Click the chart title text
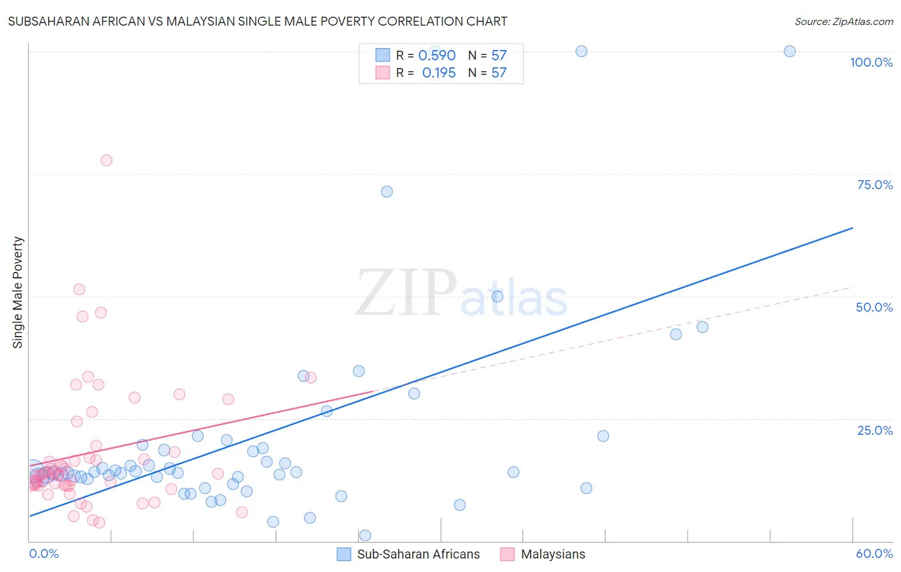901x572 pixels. [257, 21]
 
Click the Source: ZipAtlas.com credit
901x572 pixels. [843, 21]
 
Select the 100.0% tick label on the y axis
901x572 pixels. [871, 62]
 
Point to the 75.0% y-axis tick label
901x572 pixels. [875, 185]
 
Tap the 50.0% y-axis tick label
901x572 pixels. [874, 307]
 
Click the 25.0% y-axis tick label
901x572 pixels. [875, 430]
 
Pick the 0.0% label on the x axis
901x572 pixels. [44, 553]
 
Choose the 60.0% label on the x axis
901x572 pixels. [874, 553]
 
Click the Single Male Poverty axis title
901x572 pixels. [18, 292]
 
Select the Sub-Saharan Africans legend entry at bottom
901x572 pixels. [418, 554]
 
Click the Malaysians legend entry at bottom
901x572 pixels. [552, 554]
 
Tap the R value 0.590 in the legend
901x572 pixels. [437, 56]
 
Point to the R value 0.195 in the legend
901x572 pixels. [438, 73]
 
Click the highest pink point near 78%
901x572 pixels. [106, 160]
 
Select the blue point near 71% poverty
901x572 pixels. [386, 192]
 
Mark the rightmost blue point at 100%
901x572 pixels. [789, 51]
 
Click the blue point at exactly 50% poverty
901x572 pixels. [497, 296]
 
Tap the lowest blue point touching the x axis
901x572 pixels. [365, 535]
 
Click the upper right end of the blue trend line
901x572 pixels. [852, 228]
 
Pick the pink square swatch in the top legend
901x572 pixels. [383, 72]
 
